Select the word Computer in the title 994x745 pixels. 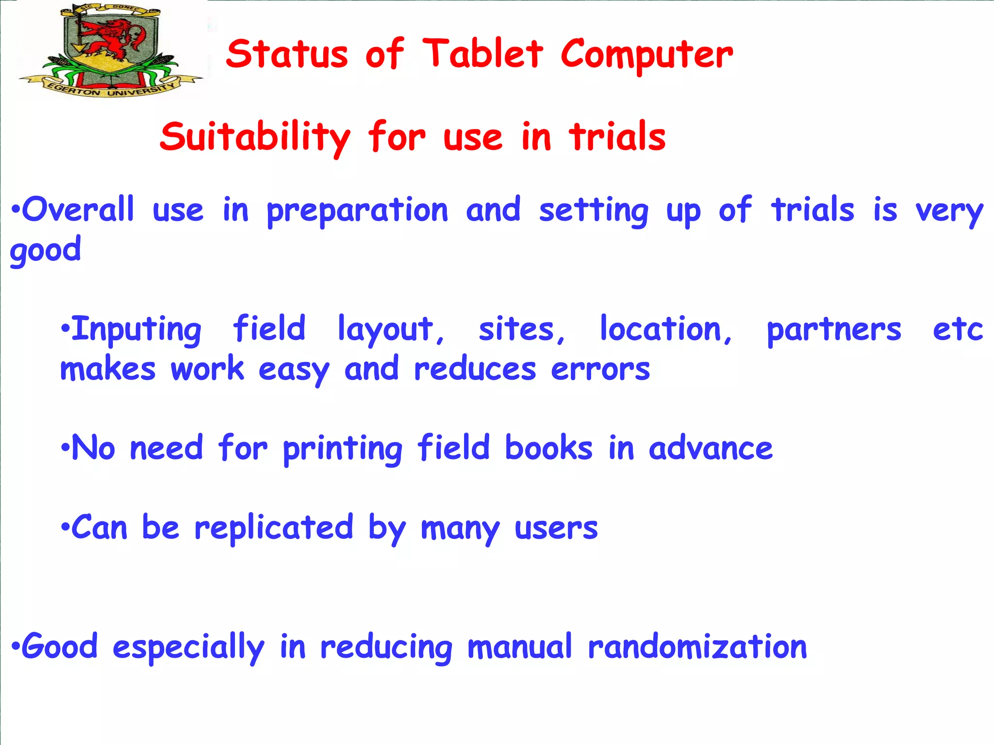coord(646,55)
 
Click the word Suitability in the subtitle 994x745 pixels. coord(255,138)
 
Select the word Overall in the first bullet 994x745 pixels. coord(78,210)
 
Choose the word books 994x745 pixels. coord(548,447)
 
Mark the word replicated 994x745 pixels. coord(274,528)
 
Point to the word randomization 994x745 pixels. coord(697,647)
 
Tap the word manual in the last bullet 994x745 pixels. coord(520,647)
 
